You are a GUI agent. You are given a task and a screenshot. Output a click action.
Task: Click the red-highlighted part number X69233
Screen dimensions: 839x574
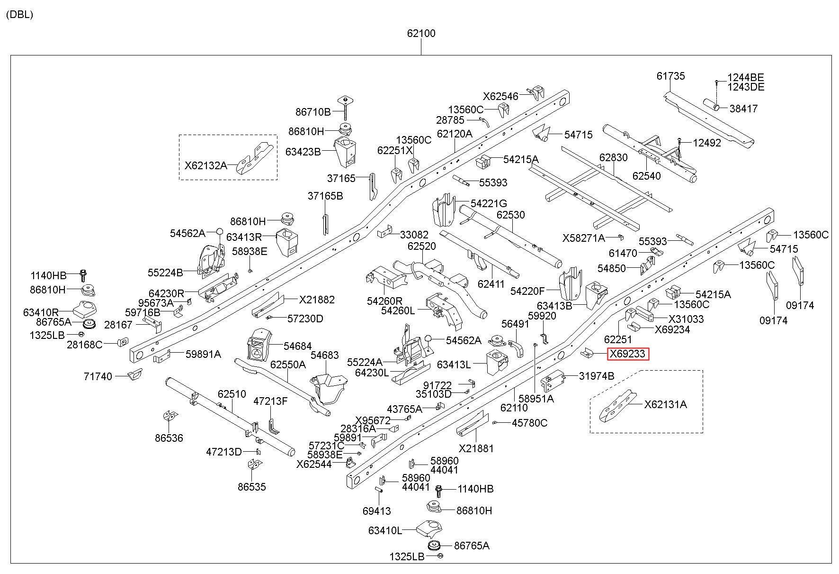(628, 354)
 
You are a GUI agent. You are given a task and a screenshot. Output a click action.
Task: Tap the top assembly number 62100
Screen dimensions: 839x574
(421, 34)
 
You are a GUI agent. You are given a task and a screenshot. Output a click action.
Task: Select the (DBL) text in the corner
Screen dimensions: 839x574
(19, 14)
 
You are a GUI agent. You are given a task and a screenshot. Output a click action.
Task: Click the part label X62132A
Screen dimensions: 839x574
(205, 165)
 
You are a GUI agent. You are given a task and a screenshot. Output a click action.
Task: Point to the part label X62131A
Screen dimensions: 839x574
(665, 404)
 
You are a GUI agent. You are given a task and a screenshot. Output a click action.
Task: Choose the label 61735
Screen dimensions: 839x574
(670, 76)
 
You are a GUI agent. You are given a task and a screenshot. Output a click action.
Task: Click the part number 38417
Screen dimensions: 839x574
(743, 109)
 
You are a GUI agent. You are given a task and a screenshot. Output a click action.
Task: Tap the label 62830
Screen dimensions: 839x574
(613, 157)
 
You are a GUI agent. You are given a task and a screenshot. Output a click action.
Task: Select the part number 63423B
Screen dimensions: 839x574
(303, 152)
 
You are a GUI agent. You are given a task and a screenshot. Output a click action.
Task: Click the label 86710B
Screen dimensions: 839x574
(313, 112)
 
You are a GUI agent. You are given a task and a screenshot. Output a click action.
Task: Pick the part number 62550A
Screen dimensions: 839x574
(288, 364)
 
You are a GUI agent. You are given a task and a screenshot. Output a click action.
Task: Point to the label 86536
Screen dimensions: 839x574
(169, 438)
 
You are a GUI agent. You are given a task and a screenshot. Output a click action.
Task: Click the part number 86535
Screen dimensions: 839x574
(252, 487)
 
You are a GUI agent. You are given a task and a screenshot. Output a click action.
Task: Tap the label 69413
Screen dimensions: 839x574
(377, 511)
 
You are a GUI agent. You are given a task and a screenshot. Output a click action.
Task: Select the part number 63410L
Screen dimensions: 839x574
(385, 530)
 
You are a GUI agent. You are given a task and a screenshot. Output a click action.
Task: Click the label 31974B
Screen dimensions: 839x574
(597, 376)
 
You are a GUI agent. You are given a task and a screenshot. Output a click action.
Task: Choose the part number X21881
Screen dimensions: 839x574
(476, 448)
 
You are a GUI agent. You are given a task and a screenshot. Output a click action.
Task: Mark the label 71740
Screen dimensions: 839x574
(98, 377)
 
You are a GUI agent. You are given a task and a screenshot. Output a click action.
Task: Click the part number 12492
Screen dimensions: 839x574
(707, 143)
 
